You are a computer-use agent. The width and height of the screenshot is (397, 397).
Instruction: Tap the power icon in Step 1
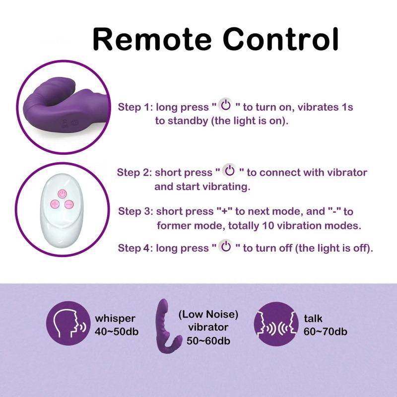(226, 106)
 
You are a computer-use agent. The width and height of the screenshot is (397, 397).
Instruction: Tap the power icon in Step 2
(229, 171)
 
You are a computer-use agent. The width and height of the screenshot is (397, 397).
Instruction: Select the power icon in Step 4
(226, 247)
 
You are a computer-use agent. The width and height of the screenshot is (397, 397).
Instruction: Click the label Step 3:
(135, 211)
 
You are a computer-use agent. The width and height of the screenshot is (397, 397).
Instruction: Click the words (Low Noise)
(208, 314)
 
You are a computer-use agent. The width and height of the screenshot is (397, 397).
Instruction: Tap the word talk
(313, 318)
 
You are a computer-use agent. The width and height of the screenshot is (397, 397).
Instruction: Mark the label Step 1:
(134, 107)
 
